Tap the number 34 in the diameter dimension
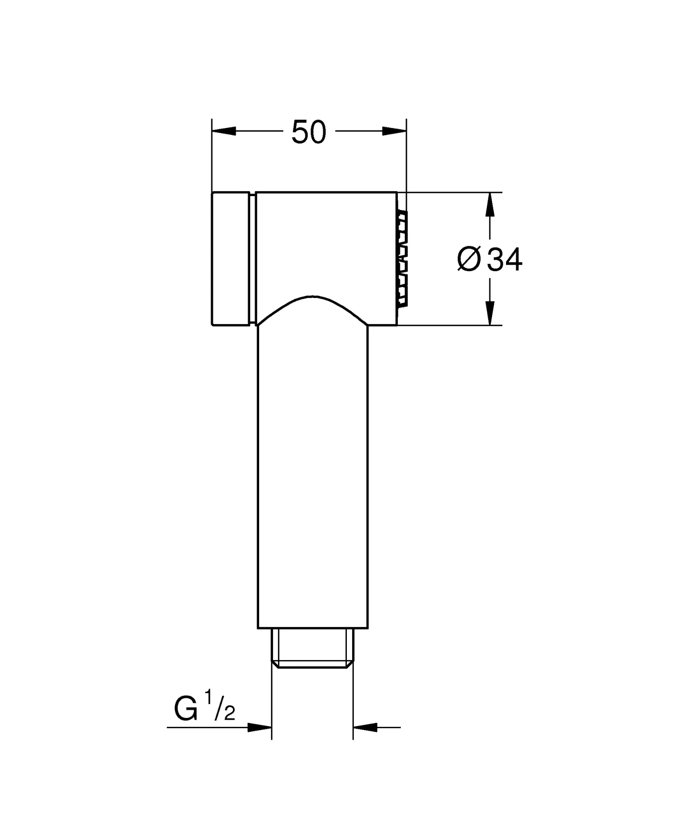pos(505,260)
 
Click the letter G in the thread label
pos(186,709)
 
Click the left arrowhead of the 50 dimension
pos(224,131)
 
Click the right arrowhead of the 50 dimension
pos(394,131)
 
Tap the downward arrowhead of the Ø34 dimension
pos(490,313)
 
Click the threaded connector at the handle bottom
pos(312,656)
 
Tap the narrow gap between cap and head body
pos(253,258)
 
